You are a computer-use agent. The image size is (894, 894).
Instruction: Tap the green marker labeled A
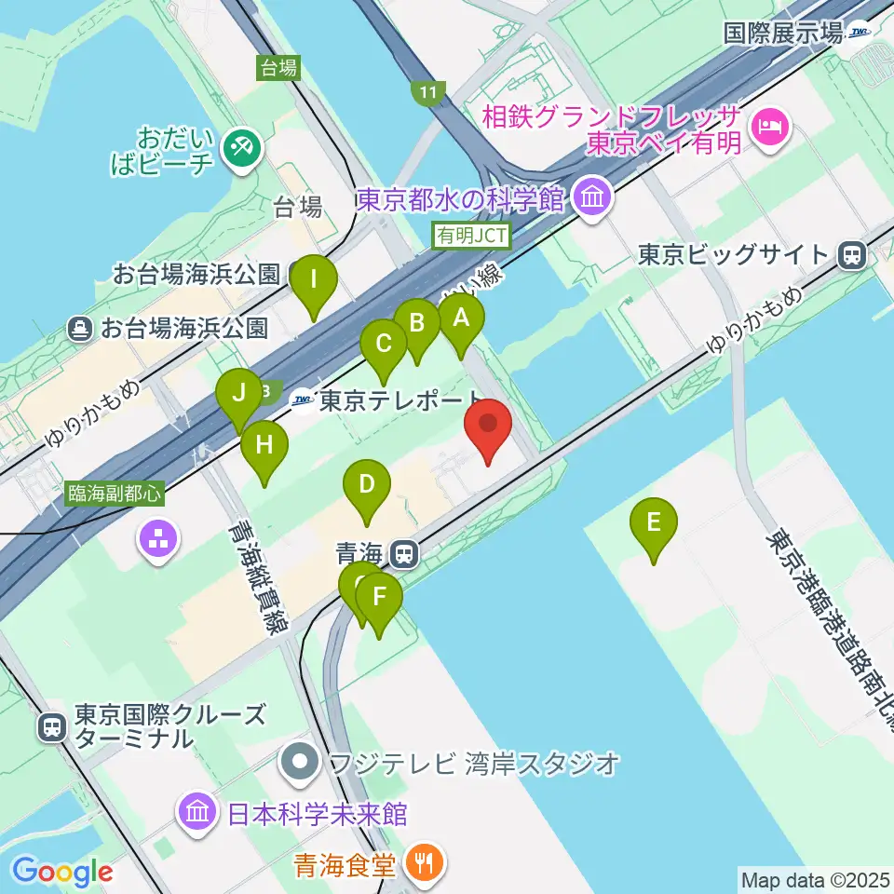click(461, 319)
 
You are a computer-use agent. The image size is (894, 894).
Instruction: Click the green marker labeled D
click(366, 485)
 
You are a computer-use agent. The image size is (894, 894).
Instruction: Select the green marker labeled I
click(313, 280)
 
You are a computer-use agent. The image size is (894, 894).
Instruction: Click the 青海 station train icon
click(403, 555)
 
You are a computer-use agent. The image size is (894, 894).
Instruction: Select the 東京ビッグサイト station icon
click(850, 254)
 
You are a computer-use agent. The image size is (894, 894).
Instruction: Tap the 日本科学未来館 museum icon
click(198, 811)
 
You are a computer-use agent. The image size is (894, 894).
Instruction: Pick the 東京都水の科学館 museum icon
click(591, 197)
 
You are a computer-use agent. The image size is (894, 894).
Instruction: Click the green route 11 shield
click(427, 91)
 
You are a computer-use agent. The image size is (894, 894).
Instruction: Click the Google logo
click(62, 871)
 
